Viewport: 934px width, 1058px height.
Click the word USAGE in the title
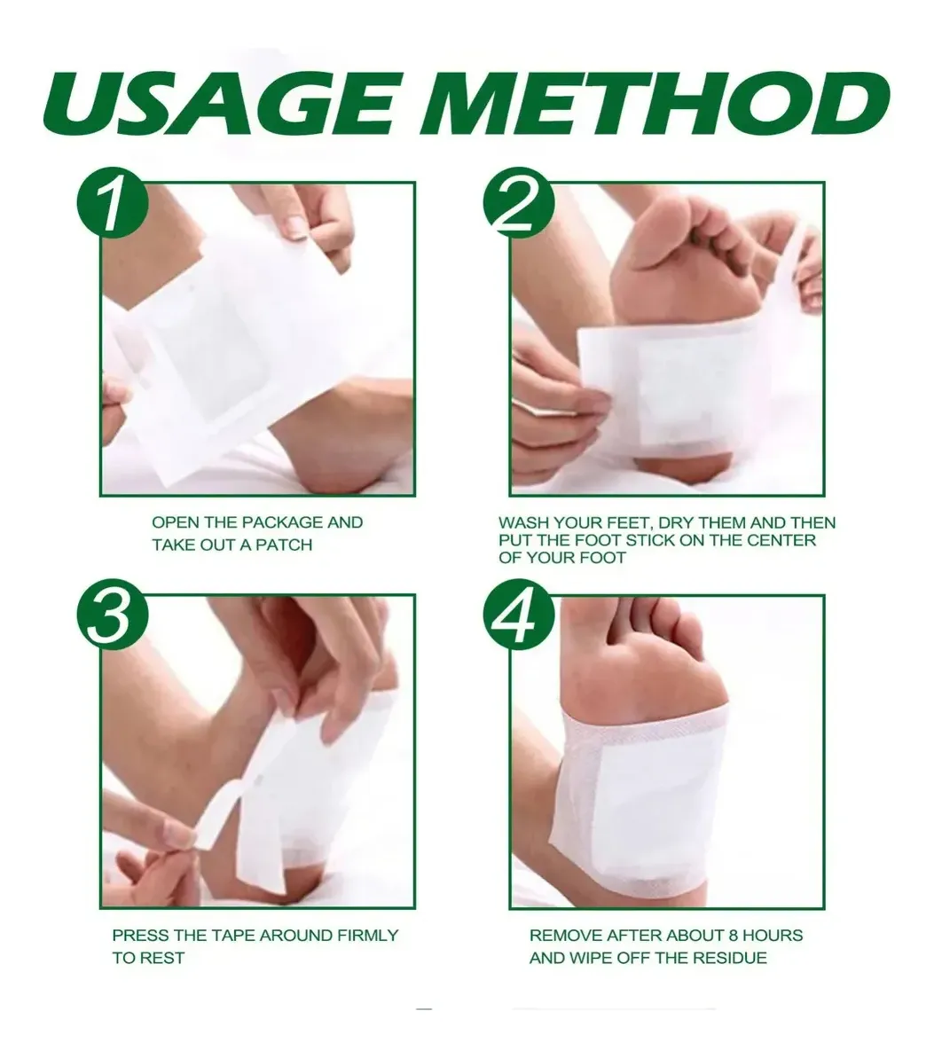click(x=219, y=106)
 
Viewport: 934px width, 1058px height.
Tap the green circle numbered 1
click(x=113, y=204)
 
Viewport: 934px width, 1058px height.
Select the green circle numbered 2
click(x=519, y=204)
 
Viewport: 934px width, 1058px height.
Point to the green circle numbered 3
click(x=113, y=616)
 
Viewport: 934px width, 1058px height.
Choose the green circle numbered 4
click(x=519, y=616)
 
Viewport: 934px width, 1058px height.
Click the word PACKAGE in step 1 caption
click(x=282, y=522)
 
